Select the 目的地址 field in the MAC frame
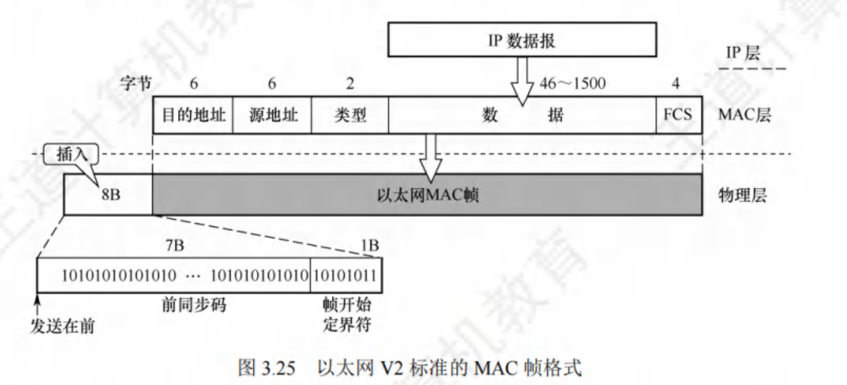tap(193, 115)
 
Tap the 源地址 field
tap(272, 115)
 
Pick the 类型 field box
tap(350, 115)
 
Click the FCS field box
tap(678, 115)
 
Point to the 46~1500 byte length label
tap(571, 84)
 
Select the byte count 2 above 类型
tap(350, 84)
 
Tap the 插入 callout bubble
tap(68, 154)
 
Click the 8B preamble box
tap(108, 194)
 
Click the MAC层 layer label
tap(745, 116)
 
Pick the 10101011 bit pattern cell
tap(346, 276)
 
